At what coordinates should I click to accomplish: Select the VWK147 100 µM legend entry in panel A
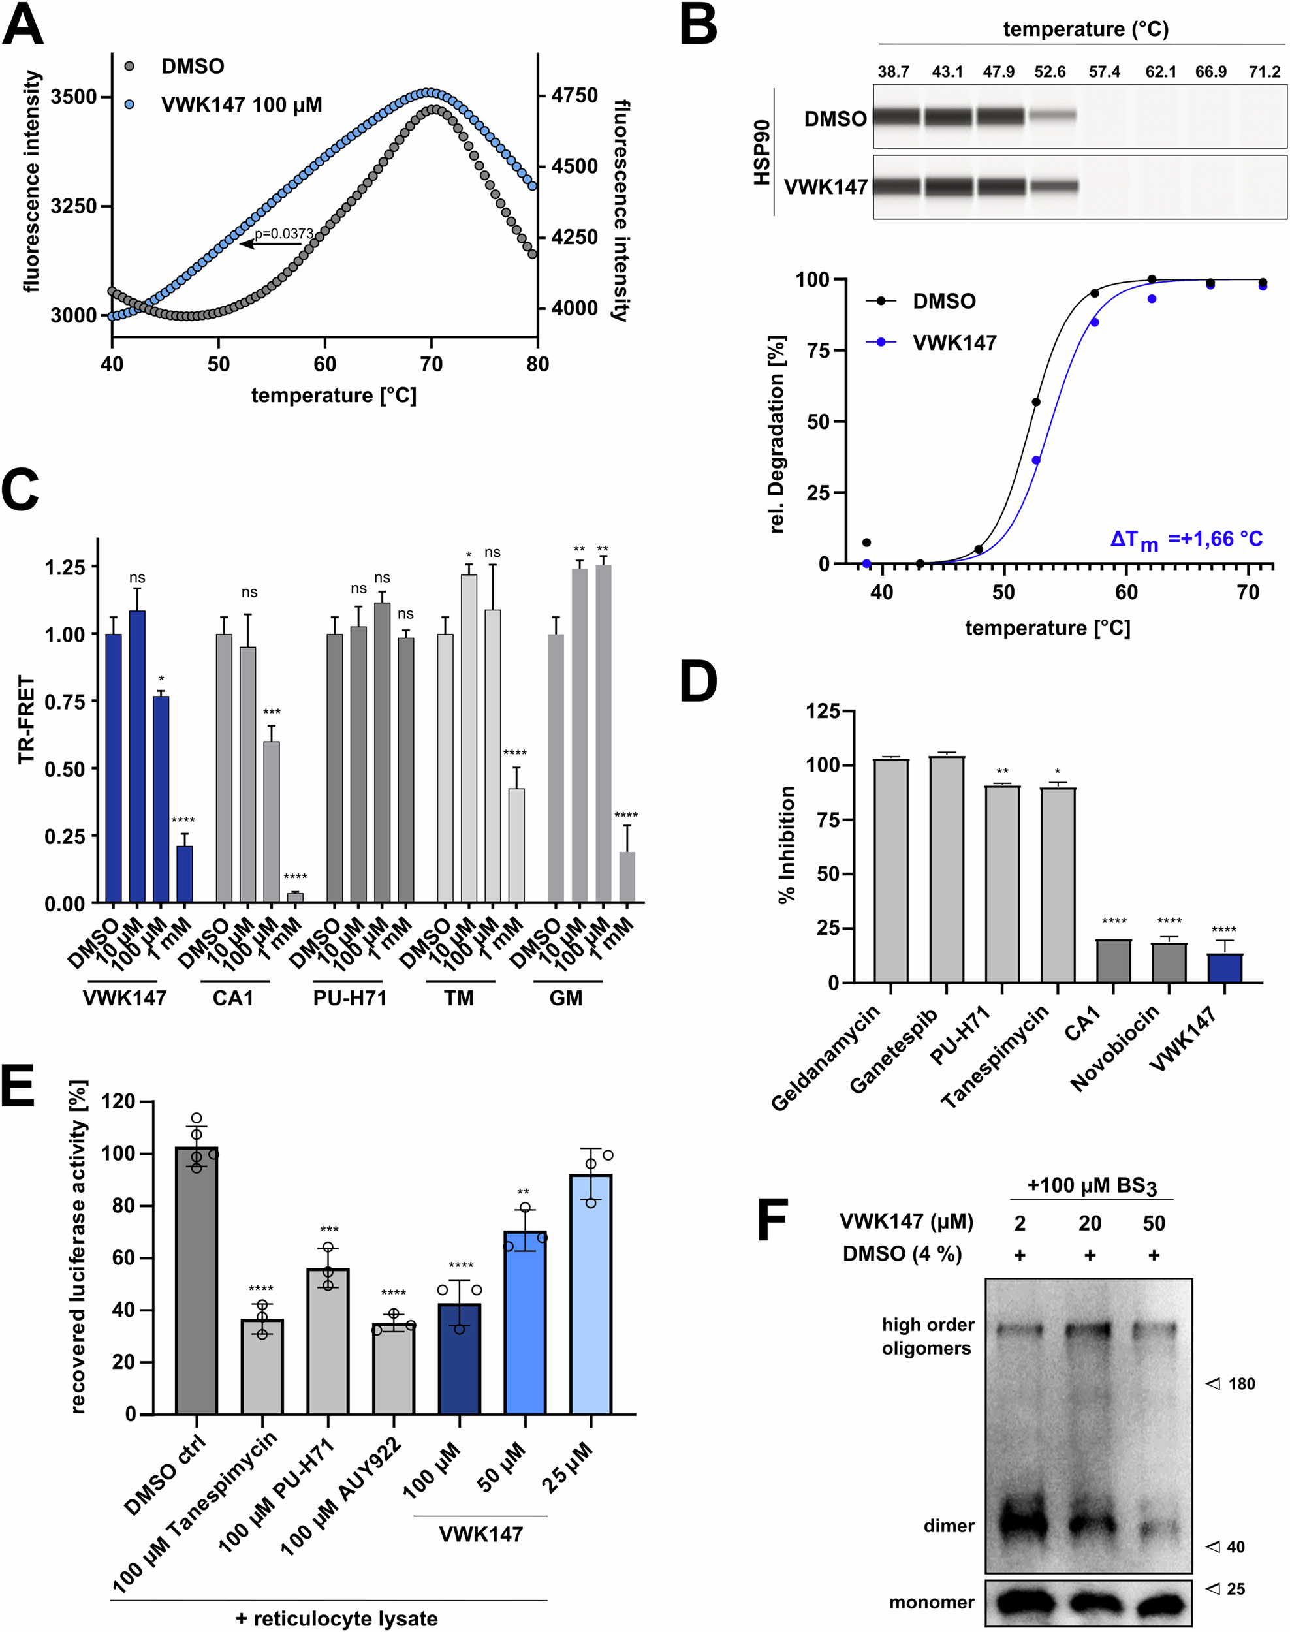241,105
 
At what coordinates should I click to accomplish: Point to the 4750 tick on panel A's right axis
574,96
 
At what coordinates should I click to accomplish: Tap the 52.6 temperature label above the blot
1050,72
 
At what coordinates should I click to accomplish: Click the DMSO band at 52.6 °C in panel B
1051,116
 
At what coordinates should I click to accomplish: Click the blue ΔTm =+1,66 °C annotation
1186,539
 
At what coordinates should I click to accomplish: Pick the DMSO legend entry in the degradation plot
943,302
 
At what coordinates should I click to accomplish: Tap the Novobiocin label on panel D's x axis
1115,1049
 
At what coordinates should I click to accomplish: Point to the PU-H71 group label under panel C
350,998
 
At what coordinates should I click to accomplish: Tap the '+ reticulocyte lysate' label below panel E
336,1618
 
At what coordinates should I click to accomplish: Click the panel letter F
773,1222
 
